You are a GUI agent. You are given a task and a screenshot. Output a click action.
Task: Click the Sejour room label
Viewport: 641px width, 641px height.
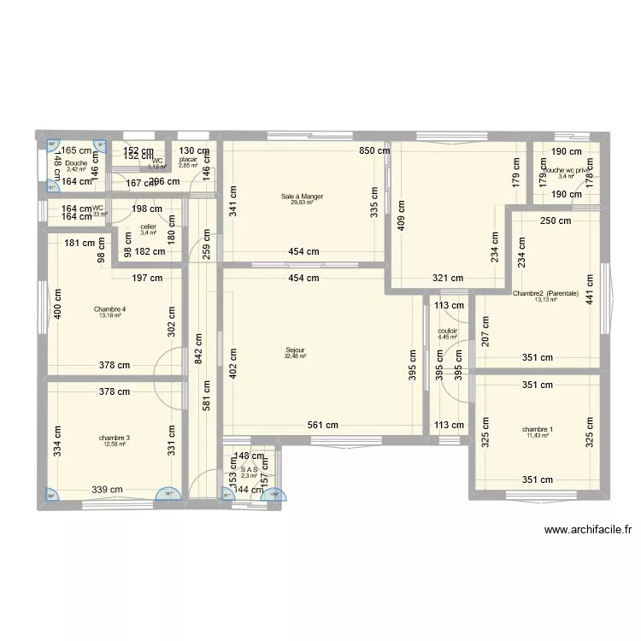296,350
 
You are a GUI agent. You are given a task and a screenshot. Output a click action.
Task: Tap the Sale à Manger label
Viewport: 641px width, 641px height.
303,197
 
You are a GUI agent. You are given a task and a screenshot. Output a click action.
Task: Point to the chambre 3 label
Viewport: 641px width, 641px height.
114,438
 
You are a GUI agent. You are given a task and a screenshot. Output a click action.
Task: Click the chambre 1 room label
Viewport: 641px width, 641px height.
538,429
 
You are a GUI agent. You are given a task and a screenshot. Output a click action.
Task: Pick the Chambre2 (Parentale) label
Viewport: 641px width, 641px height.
545,293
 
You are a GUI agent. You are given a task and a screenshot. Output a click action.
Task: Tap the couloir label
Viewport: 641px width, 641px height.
448,331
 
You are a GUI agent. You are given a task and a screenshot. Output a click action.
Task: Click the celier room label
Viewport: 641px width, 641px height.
147,226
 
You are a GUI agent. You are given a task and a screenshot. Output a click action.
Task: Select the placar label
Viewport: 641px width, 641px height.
188,160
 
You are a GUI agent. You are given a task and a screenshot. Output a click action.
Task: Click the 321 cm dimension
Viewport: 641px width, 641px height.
447,278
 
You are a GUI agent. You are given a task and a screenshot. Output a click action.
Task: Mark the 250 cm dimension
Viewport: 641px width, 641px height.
556,221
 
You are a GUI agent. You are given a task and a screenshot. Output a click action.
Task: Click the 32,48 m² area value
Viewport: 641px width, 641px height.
296,356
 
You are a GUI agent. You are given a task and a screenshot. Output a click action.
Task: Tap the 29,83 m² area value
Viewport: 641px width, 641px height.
303,203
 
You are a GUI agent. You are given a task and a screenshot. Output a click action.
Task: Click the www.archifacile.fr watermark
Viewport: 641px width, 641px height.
589,530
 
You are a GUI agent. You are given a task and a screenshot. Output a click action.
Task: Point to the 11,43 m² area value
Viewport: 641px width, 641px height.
538,436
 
